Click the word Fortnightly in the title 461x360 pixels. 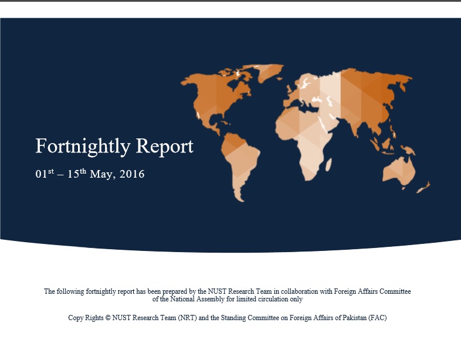click(x=83, y=147)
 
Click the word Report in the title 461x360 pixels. click(x=165, y=147)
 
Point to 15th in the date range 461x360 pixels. click(x=77, y=174)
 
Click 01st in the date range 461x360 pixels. click(x=45, y=174)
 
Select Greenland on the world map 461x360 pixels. click(x=269, y=73)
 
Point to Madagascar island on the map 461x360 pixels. click(x=328, y=165)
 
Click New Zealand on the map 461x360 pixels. click(x=423, y=188)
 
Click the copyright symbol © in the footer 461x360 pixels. click(x=108, y=318)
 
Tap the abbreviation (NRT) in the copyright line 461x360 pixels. click(x=187, y=318)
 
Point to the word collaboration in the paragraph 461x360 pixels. click(x=299, y=291)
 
